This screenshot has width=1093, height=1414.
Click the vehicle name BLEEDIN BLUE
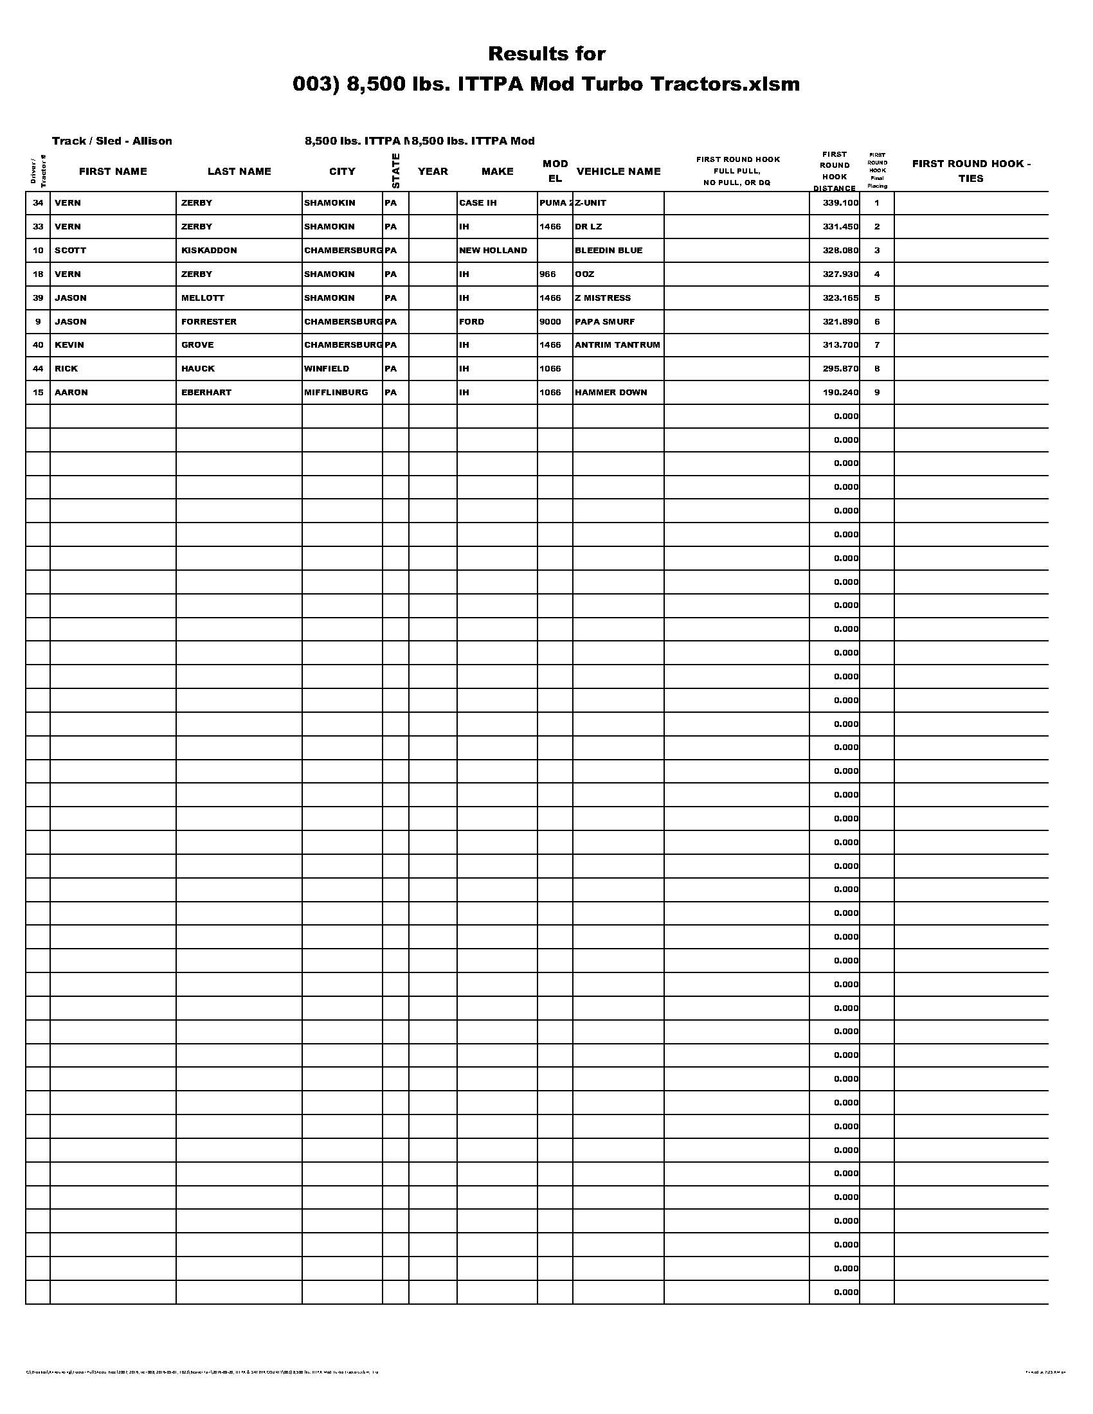tap(608, 251)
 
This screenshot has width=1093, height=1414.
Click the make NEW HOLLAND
tap(492, 251)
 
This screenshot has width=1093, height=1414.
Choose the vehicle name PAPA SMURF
tap(604, 322)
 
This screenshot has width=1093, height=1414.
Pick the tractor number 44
tap(38, 369)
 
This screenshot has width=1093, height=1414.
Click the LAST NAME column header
tap(239, 172)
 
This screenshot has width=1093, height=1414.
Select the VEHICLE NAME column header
tap(618, 172)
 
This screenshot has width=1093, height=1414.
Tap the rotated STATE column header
tap(395, 171)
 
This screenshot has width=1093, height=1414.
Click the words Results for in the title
tap(546, 54)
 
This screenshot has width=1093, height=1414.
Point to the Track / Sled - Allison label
tap(112, 141)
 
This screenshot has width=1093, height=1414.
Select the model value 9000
tap(550, 322)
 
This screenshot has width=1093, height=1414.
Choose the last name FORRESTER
tap(208, 322)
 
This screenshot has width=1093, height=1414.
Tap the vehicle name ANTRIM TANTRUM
tap(617, 345)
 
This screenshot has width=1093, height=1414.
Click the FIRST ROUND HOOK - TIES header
tap(971, 171)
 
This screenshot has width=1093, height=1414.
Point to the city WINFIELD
tap(327, 369)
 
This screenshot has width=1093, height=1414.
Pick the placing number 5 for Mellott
tap(877, 298)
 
